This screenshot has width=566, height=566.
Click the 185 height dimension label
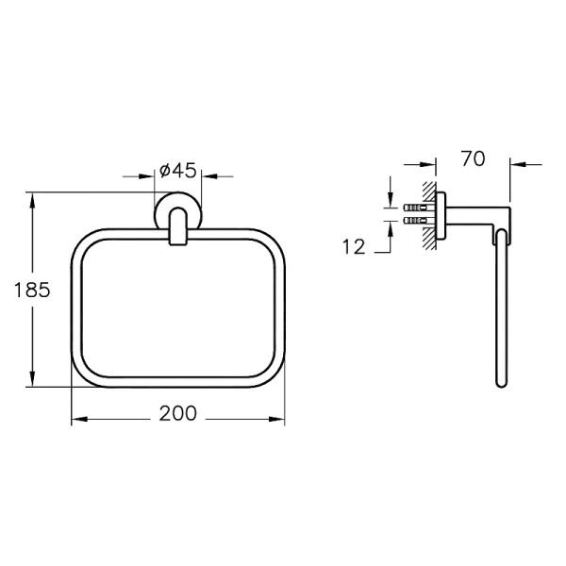pyautogui.click(x=32, y=290)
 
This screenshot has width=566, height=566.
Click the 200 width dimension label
pyautogui.click(x=178, y=413)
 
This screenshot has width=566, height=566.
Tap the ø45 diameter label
pyautogui.click(x=178, y=171)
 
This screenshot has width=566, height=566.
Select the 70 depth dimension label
pyautogui.click(x=474, y=158)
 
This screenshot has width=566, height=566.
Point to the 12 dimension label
pyautogui.click(x=354, y=247)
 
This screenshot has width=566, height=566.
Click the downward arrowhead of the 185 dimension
pyautogui.click(x=32, y=379)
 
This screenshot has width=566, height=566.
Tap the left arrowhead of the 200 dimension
pyautogui.click(x=79, y=419)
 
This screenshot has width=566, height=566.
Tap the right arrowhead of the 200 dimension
pyautogui.click(x=276, y=419)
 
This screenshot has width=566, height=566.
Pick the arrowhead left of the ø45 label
pyautogui.click(x=146, y=176)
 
